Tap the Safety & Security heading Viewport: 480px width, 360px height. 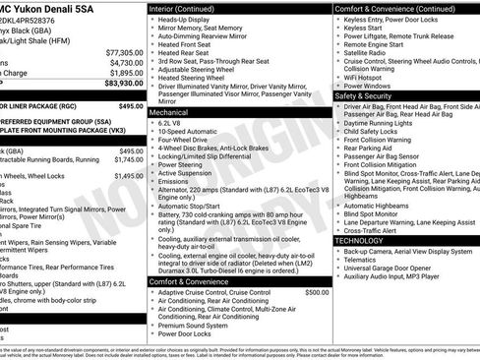363,96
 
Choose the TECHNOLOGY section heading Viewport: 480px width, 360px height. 360,240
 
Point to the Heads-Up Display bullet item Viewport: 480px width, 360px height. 186,20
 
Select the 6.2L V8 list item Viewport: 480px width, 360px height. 172,126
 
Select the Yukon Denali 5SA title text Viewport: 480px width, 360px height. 59,9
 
